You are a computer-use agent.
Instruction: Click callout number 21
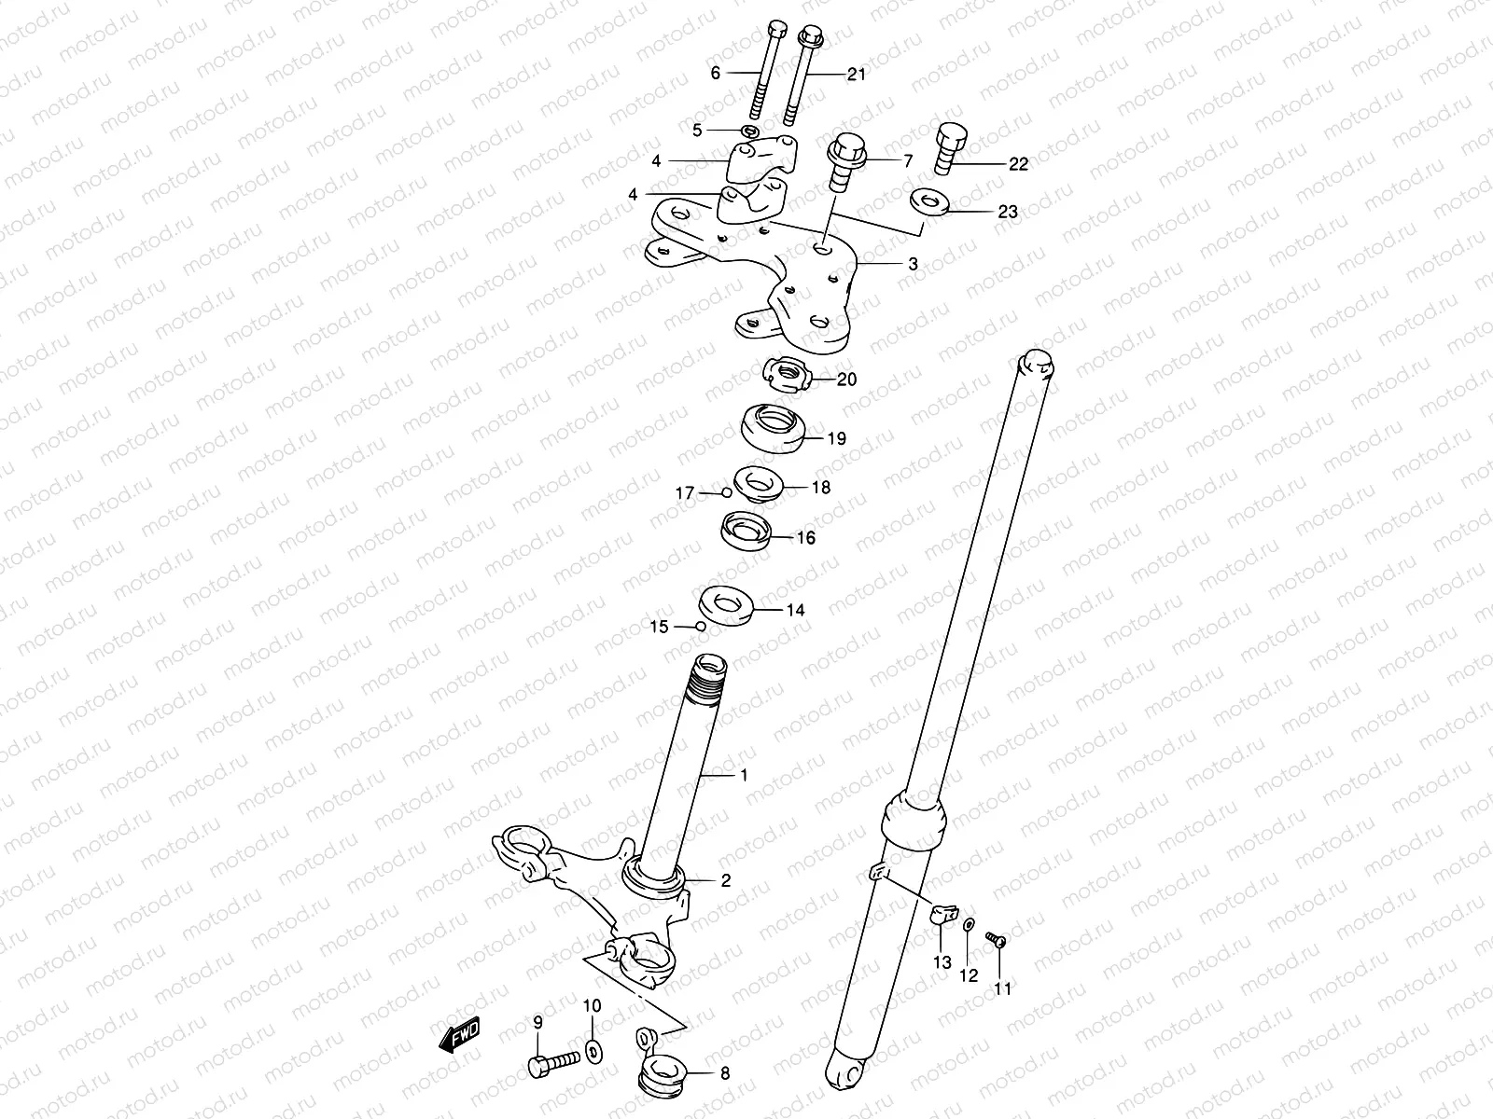pos(857,75)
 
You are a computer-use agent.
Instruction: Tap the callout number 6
pos(716,73)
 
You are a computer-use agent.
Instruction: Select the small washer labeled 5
pos(750,129)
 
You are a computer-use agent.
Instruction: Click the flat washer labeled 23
pos(928,201)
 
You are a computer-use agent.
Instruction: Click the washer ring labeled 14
pos(726,603)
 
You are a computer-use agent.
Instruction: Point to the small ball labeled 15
pos(698,626)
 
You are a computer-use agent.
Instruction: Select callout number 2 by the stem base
pos(725,879)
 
